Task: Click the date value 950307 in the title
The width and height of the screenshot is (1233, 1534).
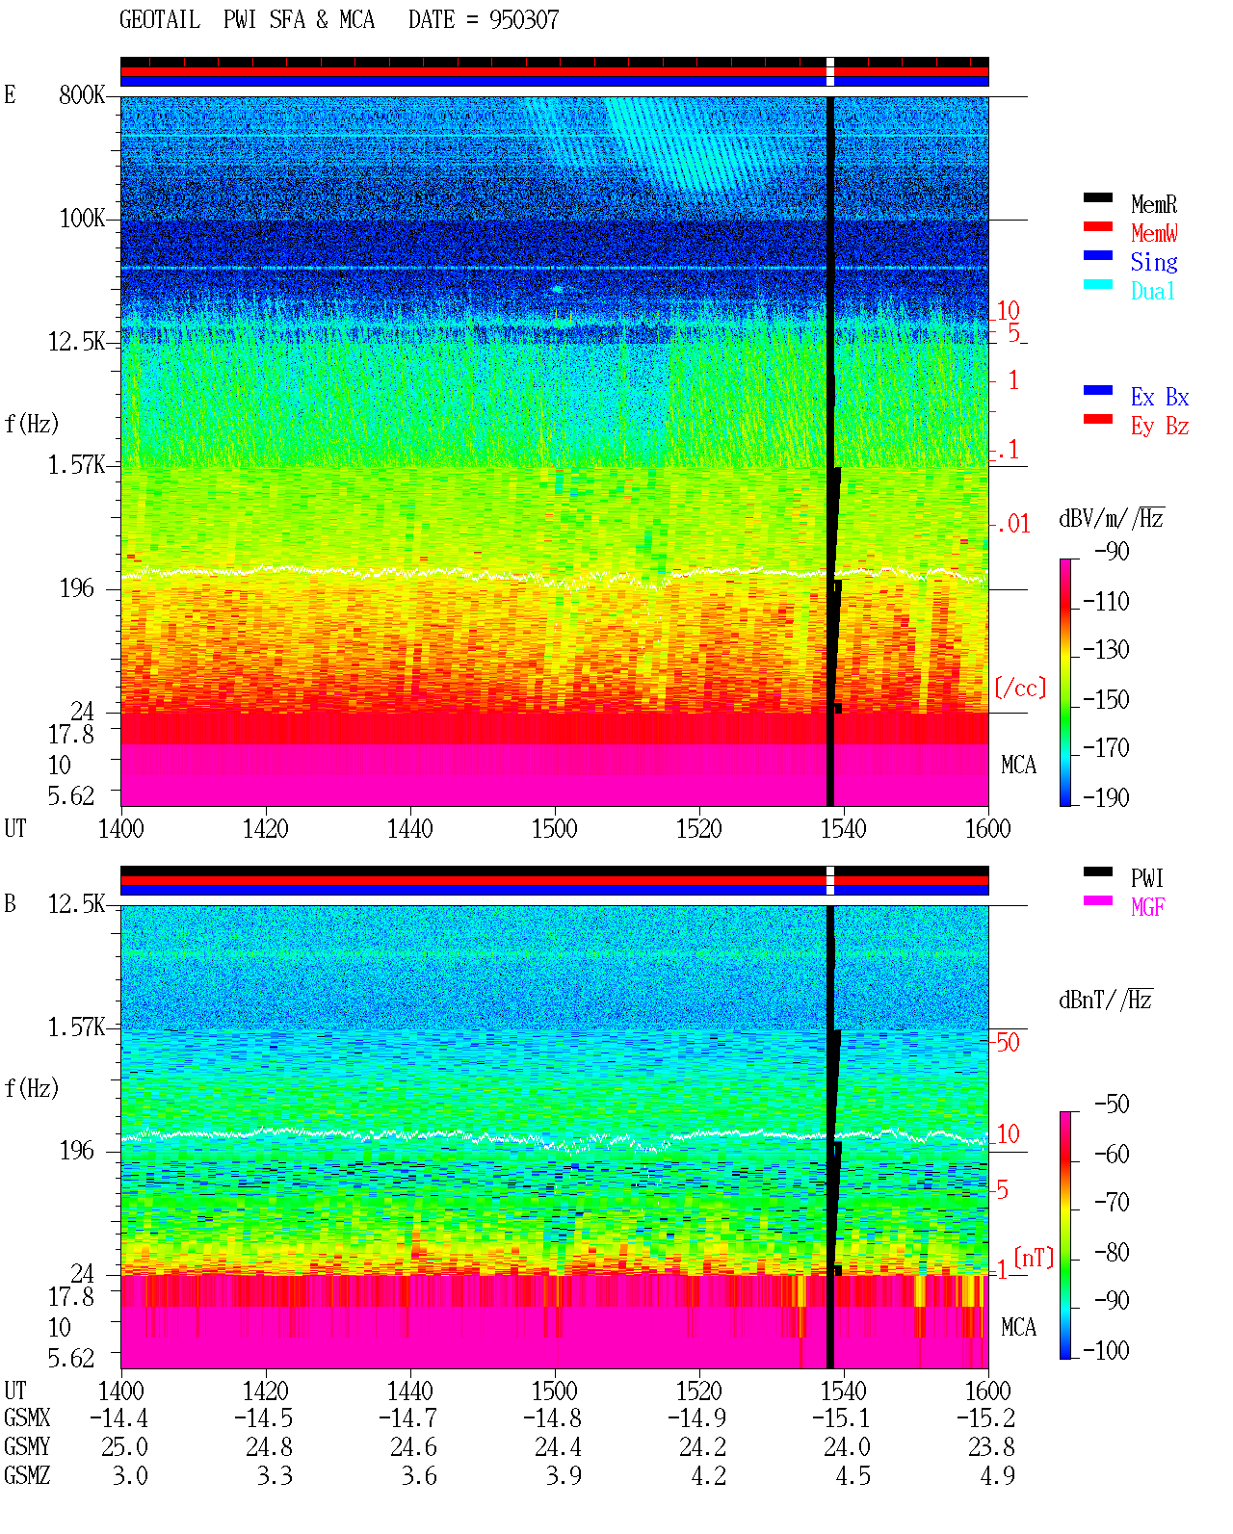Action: [x=523, y=20]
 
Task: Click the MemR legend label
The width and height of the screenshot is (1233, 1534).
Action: [x=1153, y=204]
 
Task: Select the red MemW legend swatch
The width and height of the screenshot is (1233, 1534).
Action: [x=1097, y=226]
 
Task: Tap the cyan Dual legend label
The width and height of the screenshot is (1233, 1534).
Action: [x=1152, y=291]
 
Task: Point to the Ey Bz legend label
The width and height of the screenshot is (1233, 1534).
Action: [x=1159, y=427]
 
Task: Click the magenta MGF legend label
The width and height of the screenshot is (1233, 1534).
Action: [x=1147, y=907]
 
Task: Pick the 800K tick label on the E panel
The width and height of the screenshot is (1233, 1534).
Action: [x=81, y=94]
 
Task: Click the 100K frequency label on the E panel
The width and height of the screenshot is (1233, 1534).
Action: [x=82, y=219]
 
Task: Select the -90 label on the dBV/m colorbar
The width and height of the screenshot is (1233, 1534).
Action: [x=1111, y=551]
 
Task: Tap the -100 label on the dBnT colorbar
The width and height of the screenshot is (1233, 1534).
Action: [x=1106, y=1350]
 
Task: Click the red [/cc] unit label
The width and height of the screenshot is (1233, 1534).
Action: [x=1020, y=688]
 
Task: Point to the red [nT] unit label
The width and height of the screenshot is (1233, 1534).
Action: [x=1034, y=1257]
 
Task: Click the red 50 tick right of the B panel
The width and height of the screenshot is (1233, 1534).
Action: [x=1008, y=1043]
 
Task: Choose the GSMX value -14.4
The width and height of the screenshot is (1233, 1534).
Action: [x=118, y=1418]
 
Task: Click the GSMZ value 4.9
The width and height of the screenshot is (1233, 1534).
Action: [x=997, y=1475]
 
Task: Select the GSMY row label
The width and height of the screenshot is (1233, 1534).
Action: [x=27, y=1447]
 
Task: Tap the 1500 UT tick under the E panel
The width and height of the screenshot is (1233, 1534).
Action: [x=554, y=829]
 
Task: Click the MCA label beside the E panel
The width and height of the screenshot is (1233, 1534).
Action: [x=1018, y=765]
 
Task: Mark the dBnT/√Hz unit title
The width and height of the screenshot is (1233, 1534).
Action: [x=1106, y=1001]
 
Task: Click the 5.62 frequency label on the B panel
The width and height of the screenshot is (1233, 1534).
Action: [x=70, y=1358]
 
